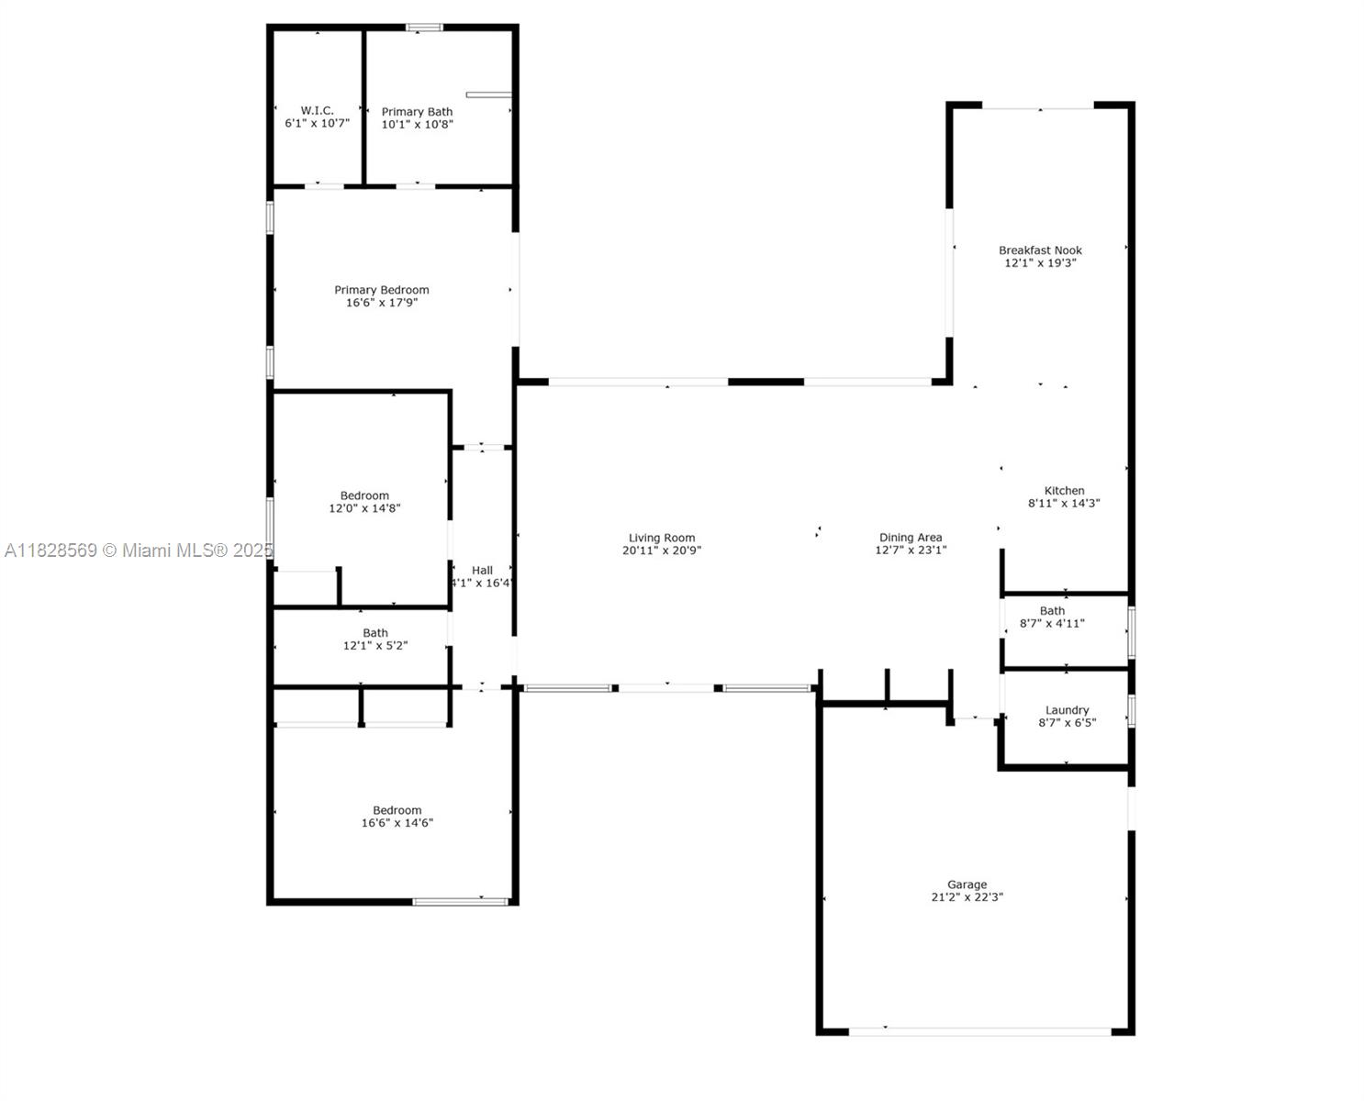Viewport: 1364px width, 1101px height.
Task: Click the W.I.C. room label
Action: pyautogui.click(x=317, y=111)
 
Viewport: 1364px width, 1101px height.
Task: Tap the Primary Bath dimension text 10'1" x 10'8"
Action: pyautogui.click(x=418, y=124)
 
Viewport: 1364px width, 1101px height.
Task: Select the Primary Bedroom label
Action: pyautogui.click(x=382, y=290)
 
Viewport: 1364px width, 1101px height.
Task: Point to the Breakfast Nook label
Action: pyautogui.click(x=1040, y=250)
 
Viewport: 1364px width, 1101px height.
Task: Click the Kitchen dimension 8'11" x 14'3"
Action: pyautogui.click(x=1064, y=503)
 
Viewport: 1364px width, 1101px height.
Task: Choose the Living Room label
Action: pyautogui.click(x=662, y=538)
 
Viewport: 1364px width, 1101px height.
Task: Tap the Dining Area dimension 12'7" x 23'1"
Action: pyautogui.click(x=911, y=550)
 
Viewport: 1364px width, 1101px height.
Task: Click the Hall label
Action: pyautogui.click(x=482, y=570)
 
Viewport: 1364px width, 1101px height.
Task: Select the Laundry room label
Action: pyautogui.click(x=1067, y=710)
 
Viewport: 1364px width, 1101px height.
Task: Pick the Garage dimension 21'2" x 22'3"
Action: pyautogui.click(x=967, y=896)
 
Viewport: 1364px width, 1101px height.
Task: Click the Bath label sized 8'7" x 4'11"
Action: pyautogui.click(x=1052, y=611)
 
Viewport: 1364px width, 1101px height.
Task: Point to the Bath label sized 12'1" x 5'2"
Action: pyautogui.click(x=375, y=632)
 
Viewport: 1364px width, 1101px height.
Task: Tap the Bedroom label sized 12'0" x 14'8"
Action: pyautogui.click(x=364, y=495)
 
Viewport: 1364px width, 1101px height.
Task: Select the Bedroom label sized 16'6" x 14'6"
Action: pyautogui.click(x=397, y=810)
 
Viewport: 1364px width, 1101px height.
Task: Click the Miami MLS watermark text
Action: pyautogui.click(x=139, y=550)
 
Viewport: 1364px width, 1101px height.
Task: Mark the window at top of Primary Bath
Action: pyautogui.click(x=424, y=28)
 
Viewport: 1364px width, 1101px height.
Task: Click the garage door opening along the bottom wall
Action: pyautogui.click(x=979, y=1031)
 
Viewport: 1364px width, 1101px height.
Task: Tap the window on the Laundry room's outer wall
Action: pyautogui.click(x=1132, y=710)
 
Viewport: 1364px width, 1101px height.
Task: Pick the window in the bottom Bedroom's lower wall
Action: pyautogui.click(x=460, y=902)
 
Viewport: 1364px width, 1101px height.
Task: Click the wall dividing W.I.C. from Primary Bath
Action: pyautogui.click(x=363, y=107)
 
